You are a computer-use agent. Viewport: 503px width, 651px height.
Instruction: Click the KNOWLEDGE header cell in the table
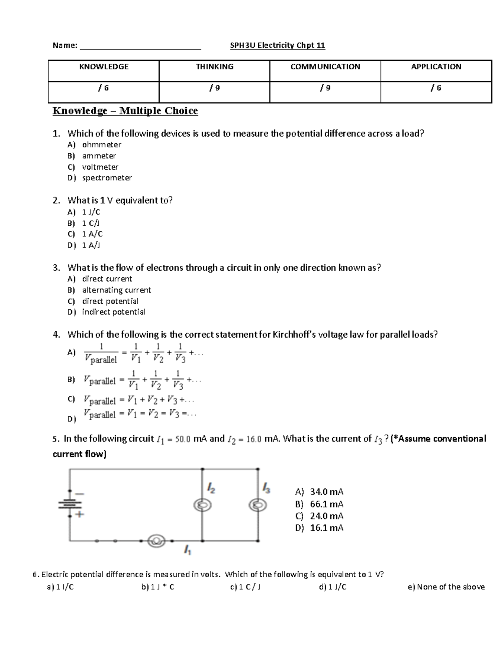pyautogui.click(x=104, y=67)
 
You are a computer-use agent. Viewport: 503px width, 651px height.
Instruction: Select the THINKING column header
pyautogui.click(x=214, y=67)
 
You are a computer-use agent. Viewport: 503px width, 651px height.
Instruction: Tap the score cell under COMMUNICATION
pyautogui.click(x=325, y=88)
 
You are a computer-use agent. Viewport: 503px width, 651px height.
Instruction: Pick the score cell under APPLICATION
pyautogui.click(x=436, y=88)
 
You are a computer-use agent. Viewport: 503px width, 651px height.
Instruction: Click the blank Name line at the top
pyautogui.click(x=140, y=46)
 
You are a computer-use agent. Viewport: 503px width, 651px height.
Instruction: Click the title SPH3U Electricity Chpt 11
pyautogui.click(x=277, y=45)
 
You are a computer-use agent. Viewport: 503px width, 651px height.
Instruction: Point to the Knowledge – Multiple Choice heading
pyautogui.click(x=125, y=111)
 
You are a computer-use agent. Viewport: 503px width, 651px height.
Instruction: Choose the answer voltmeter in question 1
pyautogui.click(x=100, y=167)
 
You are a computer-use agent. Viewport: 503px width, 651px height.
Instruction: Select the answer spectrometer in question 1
pyautogui.click(x=107, y=178)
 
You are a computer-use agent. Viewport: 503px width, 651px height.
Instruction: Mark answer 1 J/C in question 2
pyautogui.click(x=91, y=212)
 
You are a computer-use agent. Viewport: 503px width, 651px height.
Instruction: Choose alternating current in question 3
pyautogui.click(x=117, y=290)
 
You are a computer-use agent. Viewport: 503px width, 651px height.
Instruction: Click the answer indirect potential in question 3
pyautogui.click(x=114, y=312)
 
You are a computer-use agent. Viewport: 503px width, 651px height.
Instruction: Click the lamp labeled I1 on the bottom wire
pyautogui.click(x=157, y=541)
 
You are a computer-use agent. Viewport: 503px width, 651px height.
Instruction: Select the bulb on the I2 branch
pyautogui.click(x=202, y=506)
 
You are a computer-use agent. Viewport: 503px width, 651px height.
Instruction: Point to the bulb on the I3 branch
pyautogui.click(x=257, y=506)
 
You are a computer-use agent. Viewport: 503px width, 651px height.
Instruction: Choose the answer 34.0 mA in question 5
pyautogui.click(x=326, y=492)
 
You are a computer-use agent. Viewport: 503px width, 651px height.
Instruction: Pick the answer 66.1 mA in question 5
pyautogui.click(x=326, y=504)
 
